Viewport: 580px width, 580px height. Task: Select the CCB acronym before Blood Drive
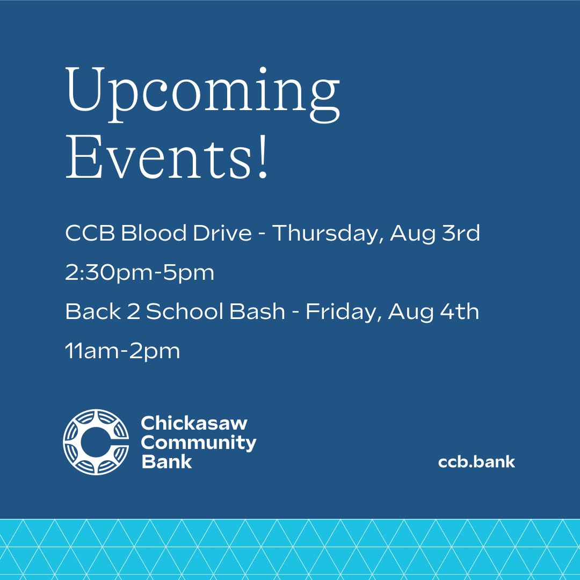pyautogui.click(x=89, y=234)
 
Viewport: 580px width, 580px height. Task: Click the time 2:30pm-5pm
pyautogui.click(x=140, y=273)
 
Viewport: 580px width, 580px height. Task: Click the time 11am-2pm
pyautogui.click(x=122, y=351)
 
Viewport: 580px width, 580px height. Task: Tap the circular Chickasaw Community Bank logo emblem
pyautogui.click(x=96, y=442)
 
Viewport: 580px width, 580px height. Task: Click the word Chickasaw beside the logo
pyautogui.click(x=194, y=423)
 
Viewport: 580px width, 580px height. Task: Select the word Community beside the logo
pyautogui.click(x=199, y=443)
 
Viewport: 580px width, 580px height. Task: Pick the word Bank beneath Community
pyautogui.click(x=166, y=461)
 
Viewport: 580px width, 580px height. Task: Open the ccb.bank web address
pyautogui.click(x=476, y=462)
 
